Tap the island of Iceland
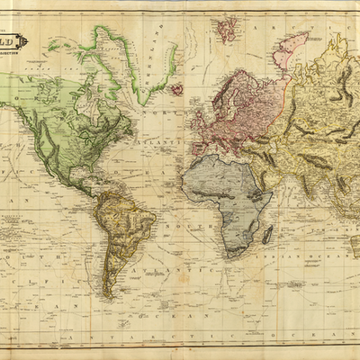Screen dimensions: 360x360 177,89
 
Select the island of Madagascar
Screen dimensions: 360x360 267,235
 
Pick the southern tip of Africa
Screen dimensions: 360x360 228,253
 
